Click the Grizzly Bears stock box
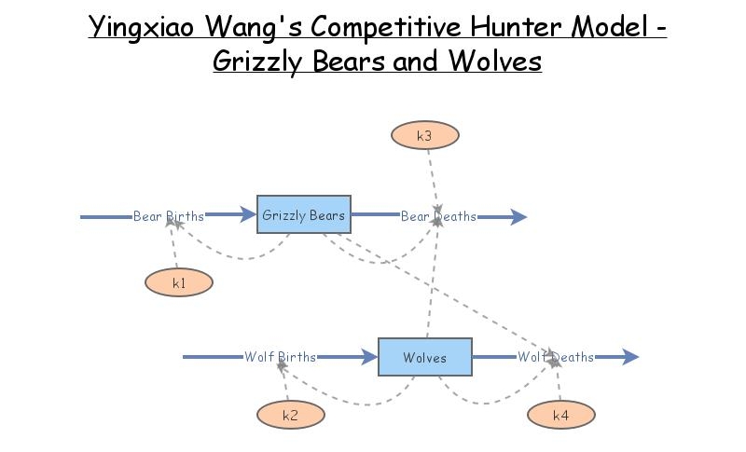point(303,215)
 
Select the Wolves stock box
point(424,357)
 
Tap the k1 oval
point(179,282)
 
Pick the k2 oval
point(290,415)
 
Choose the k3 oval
point(424,136)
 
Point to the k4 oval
point(560,415)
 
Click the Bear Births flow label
point(169,216)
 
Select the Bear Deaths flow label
point(438,216)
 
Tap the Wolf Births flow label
point(280,357)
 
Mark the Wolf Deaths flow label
point(556,357)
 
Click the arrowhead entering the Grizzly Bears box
point(248,215)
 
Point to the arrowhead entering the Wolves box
point(369,357)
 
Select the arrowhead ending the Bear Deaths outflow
point(518,217)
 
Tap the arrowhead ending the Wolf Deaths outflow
point(630,357)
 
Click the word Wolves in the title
point(495,61)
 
